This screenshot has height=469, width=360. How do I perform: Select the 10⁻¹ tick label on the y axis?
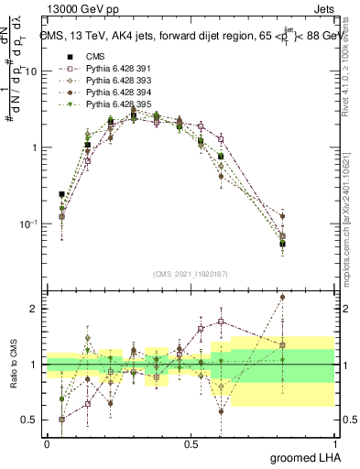[x=30, y=224]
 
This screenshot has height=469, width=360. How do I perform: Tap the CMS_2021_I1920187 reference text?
[x=191, y=273]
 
